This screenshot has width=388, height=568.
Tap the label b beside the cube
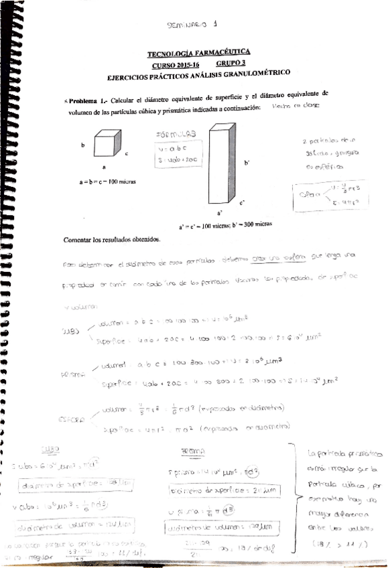click(x=83, y=145)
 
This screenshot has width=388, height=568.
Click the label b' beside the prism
click(x=248, y=163)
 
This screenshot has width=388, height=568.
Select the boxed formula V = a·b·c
click(x=170, y=148)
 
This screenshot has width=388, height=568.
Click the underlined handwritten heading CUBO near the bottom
click(x=50, y=449)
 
